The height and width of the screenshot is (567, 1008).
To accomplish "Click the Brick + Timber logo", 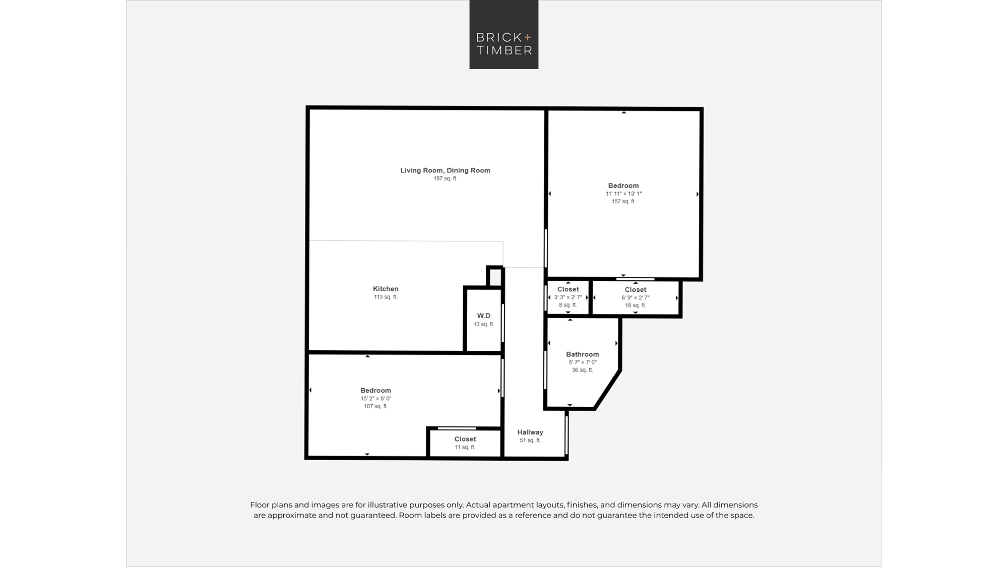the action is click(503, 34).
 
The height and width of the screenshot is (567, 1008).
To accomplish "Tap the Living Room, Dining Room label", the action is click(445, 170).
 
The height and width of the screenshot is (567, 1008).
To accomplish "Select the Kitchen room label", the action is click(386, 289).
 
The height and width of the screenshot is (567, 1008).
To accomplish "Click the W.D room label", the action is click(483, 316).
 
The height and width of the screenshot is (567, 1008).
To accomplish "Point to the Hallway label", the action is click(530, 432).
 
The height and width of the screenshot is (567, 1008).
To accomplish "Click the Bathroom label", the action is click(582, 354).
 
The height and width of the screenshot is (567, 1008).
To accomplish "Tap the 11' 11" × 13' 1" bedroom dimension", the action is click(623, 194).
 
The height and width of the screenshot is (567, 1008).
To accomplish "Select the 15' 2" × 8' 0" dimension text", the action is click(375, 399).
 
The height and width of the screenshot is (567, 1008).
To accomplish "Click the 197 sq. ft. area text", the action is click(445, 178).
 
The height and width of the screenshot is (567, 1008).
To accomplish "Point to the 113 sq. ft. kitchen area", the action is click(386, 297).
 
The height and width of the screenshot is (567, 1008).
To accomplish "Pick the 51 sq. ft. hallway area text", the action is click(530, 440).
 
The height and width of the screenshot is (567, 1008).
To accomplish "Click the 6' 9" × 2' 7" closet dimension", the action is click(635, 298).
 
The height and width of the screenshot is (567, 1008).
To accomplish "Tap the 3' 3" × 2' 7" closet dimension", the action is click(568, 297).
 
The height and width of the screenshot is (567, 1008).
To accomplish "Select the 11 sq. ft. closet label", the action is click(465, 447).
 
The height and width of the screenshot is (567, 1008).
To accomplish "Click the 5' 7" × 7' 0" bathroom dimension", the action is click(582, 362).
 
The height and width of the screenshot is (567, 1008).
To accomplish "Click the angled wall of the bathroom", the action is click(608, 390).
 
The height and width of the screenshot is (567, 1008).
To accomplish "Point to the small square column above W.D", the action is click(495, 276).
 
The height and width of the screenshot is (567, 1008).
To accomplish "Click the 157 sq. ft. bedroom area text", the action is click(623, 202).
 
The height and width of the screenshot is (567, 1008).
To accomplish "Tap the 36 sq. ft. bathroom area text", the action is click(582, 370).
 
